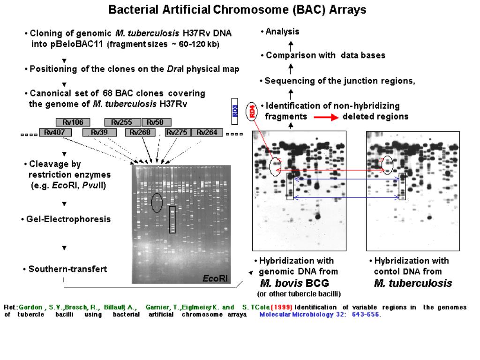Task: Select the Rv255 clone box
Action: pos(121,123)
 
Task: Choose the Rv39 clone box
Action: pos(99,133)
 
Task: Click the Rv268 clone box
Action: pos(140,133)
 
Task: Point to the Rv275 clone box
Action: pos(177,133)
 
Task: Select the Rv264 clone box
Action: pos(207,133)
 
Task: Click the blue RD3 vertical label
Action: pos(235,111)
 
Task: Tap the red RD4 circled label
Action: pos(252,111)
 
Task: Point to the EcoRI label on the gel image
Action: pos(215,278)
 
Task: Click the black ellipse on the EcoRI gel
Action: pos(157,202)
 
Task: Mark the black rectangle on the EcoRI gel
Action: pos(172,220)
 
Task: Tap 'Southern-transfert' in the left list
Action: pos(68,269)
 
